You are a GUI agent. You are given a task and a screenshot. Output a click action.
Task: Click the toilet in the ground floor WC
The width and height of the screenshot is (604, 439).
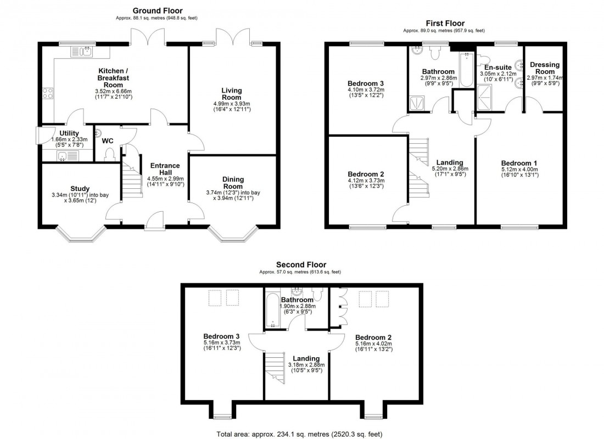(x=109, y=154)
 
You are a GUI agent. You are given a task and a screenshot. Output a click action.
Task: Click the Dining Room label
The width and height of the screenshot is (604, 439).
(x=233, y=183)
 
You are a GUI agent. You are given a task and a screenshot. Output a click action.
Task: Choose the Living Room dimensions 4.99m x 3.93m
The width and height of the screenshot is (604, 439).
(x=231, y=104)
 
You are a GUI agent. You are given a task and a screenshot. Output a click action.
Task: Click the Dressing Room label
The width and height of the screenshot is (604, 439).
(x=544, y=68)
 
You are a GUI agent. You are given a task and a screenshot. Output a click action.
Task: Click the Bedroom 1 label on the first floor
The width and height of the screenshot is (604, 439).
(x=519, y=163)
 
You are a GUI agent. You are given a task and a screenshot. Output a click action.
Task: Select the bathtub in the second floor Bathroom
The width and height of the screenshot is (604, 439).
(x=273, y=311)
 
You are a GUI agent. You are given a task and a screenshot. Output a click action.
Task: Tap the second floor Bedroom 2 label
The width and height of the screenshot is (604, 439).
(x=373, y=337)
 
